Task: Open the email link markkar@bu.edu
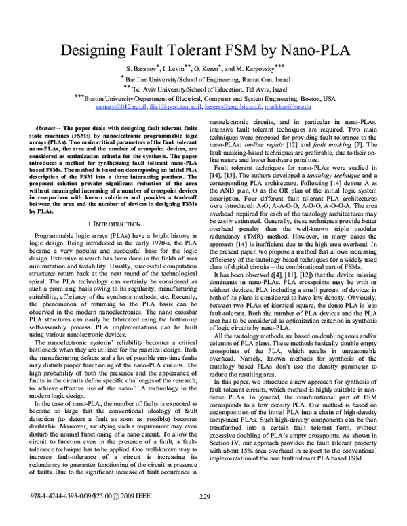click(290, 107)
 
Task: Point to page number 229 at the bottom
click(204, 517)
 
